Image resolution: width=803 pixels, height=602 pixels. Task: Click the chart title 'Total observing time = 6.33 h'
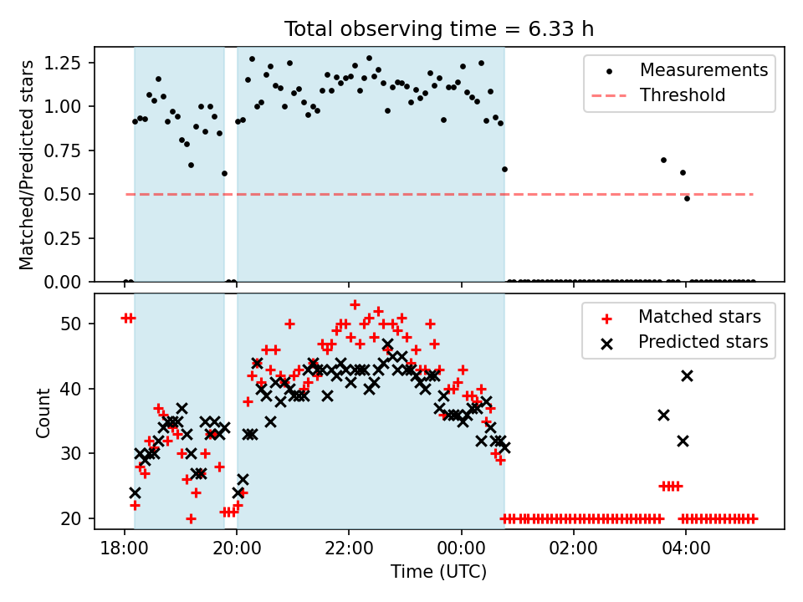(439, 29)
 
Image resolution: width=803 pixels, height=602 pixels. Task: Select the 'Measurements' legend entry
(703, 70)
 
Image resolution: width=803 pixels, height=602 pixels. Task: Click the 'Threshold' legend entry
(683, 95)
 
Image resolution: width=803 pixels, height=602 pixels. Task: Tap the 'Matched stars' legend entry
(699, 317)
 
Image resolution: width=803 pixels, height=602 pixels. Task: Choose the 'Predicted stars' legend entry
(703, 342)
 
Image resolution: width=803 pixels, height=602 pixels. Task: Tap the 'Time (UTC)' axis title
(438, 573)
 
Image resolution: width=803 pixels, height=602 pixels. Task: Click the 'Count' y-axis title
(43, 411)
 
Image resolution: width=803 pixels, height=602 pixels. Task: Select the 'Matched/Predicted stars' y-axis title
(28, 165)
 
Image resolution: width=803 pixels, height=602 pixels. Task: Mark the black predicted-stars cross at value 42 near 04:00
(687, 376)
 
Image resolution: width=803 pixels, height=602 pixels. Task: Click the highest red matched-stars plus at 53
(355, 304)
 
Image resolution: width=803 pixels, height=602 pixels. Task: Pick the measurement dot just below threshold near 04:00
(687, 198)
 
